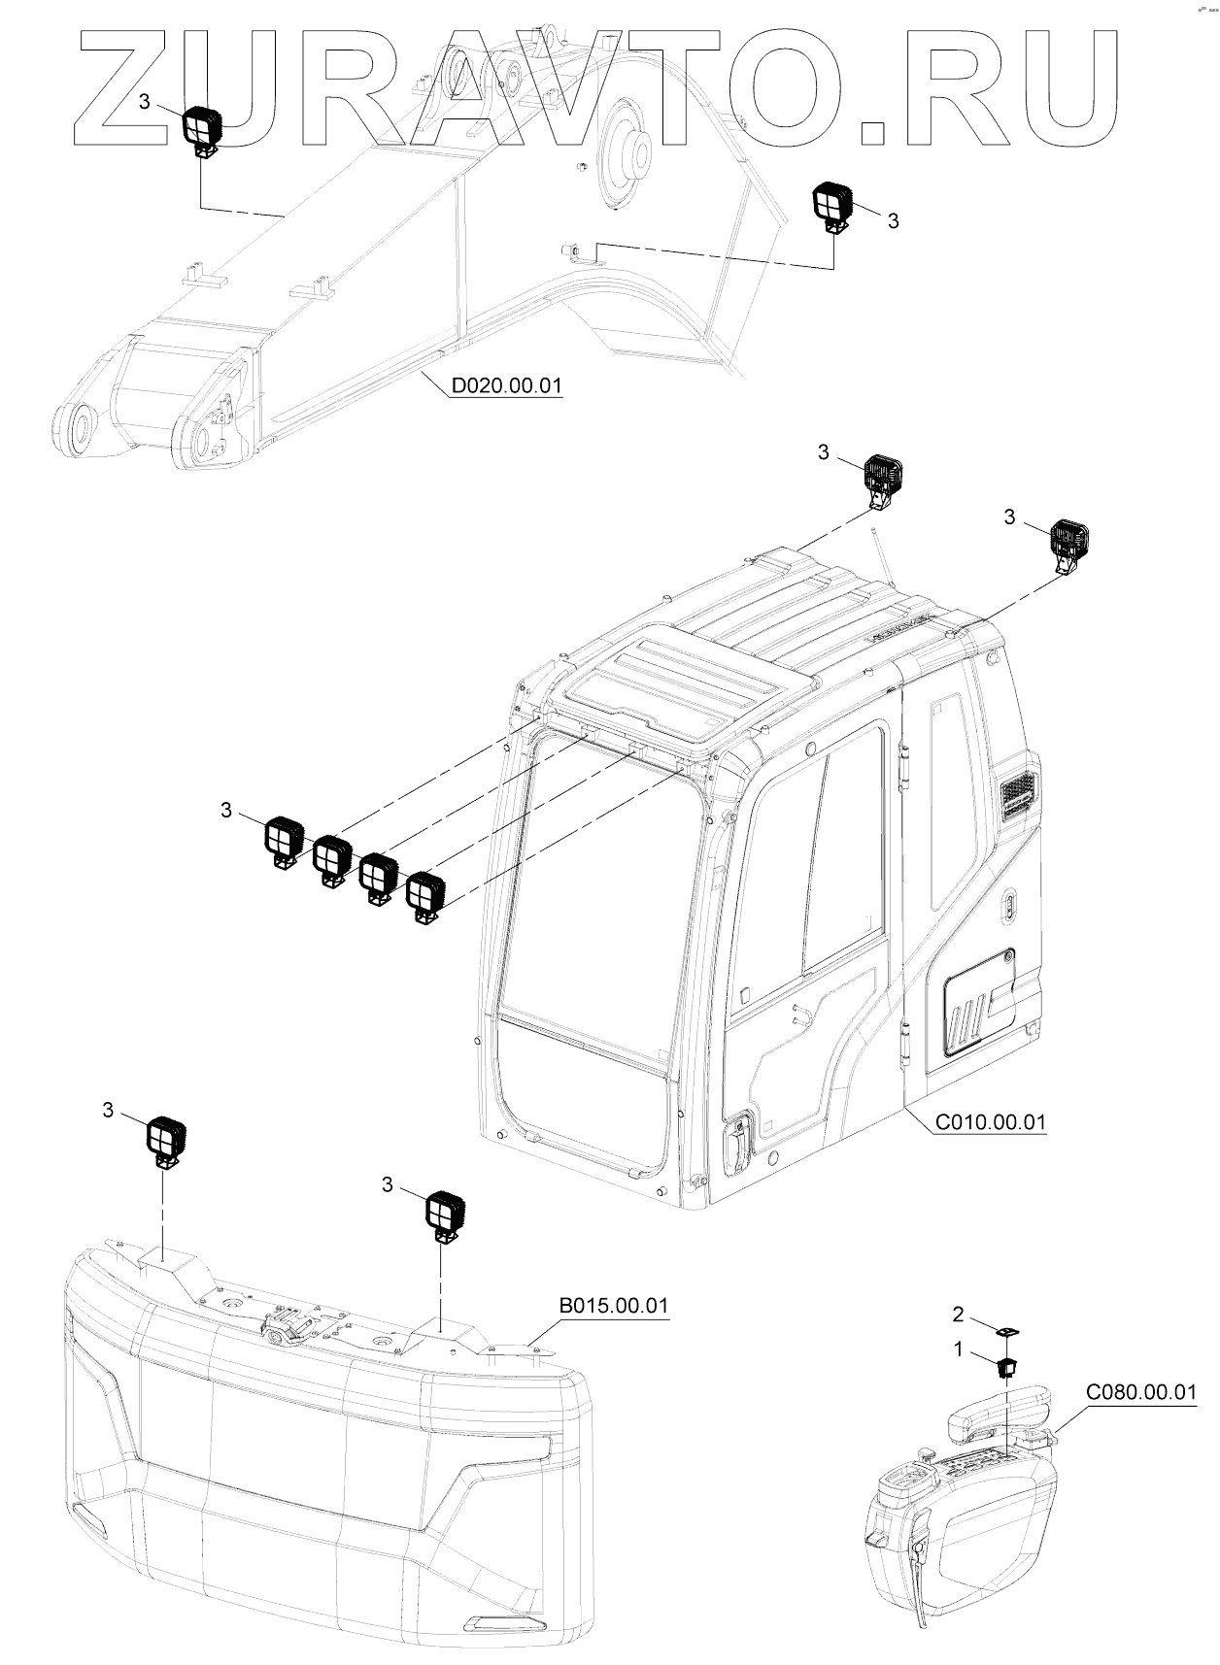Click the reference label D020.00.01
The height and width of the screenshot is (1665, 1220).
coord(506,385)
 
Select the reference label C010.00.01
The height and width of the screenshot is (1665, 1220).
coord(990,1122)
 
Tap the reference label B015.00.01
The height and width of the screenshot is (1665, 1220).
coord(614,1305)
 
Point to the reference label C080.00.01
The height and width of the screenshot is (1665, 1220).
coord(1141,1392)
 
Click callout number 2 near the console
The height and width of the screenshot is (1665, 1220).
coord(958,1315)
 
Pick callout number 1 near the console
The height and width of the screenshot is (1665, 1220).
coord(958,1349)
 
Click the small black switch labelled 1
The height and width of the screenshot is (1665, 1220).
coord(1006,1368)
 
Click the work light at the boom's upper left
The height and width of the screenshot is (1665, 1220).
coord(204,128)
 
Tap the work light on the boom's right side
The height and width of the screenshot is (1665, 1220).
coord(832,205)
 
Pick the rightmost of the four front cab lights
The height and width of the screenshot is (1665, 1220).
coord(424,893)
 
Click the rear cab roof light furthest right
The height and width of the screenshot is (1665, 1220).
coord(1069,542)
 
